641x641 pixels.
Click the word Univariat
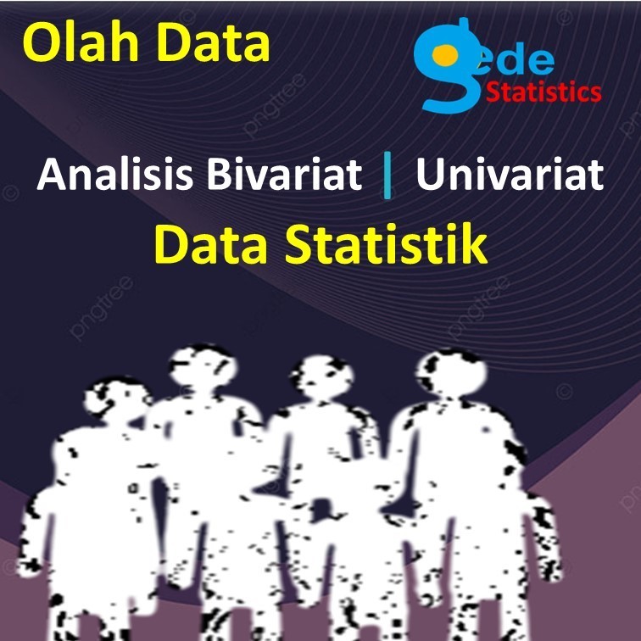[509, 176]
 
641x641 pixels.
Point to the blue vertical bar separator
[387, 176]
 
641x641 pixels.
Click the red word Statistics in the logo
[543, 92]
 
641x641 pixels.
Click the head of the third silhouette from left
[317, 378]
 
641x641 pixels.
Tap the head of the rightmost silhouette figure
[450, 373]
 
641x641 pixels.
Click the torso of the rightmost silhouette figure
[458, 475]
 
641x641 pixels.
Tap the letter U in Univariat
[432, 176]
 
